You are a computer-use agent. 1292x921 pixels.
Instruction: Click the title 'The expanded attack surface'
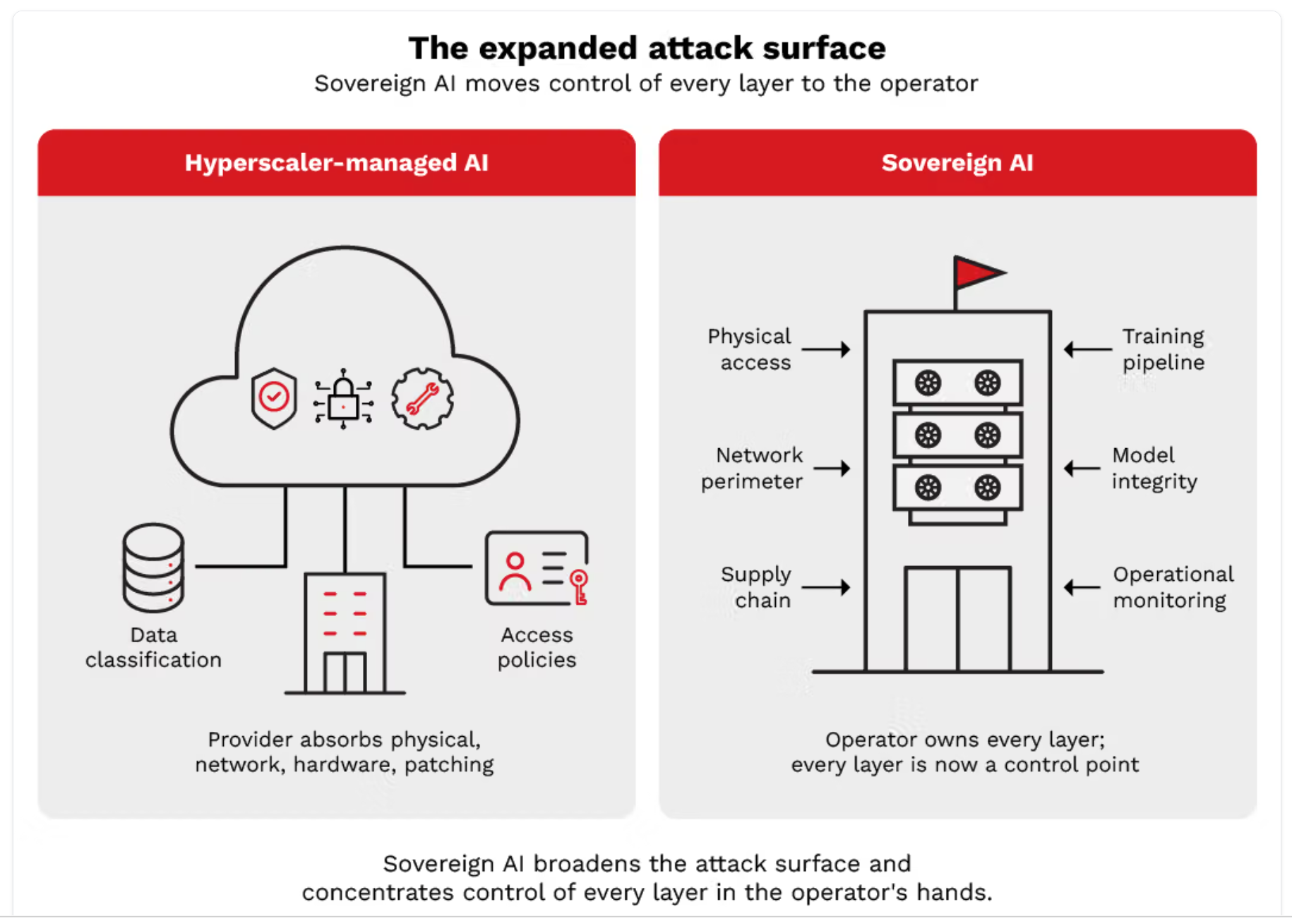point(647,49)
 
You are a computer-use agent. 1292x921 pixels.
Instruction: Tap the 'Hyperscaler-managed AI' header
point(337,163)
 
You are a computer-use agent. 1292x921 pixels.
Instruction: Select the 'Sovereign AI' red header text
point(957,163)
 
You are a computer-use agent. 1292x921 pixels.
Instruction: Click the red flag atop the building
point(979,272)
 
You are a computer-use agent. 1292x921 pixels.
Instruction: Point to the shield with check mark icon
point(274,398)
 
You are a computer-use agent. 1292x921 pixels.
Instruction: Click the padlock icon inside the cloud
point(343,399)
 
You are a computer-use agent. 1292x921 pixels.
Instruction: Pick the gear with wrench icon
point(422,399)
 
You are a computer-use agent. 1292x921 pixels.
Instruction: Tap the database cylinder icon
point(153,567)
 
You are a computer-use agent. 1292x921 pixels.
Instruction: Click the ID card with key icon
point(537,568)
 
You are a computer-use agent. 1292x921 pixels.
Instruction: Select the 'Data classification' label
point(153,647)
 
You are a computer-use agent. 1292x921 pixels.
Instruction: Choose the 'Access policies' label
point(537,647)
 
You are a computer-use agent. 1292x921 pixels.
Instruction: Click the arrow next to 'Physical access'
point(826,349)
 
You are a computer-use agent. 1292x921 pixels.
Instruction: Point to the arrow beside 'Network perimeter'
point(832,468)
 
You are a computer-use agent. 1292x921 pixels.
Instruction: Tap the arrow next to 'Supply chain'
point(826,587)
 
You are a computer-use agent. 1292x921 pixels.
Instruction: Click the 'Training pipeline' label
point(1164,349)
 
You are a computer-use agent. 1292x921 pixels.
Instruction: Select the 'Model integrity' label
point(1154,468)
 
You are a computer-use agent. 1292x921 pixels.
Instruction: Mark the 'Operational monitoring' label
point(1173,587)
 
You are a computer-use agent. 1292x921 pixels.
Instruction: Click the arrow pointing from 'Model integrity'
point(1082,468)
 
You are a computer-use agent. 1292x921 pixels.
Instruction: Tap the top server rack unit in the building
point(957,383)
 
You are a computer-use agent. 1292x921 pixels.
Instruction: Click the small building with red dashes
point(345,633)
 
